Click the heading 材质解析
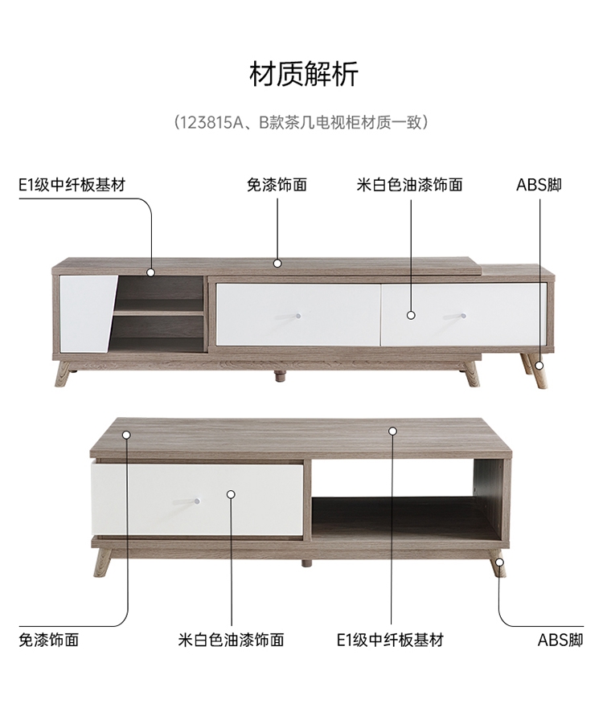pos(303,74)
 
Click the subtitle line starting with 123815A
pos(302,123)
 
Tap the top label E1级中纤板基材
pos(72,185)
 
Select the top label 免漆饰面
pos(277,185)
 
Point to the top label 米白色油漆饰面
pos(410,185)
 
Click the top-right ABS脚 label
pos(539,185)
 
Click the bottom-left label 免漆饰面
pos(49,640)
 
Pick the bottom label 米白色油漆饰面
pos(231,640)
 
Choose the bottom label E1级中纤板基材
pos(391,640)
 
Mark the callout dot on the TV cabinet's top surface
pos(277,263)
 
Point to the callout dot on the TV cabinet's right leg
pos(539,365)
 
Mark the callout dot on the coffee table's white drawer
pos(231,494)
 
